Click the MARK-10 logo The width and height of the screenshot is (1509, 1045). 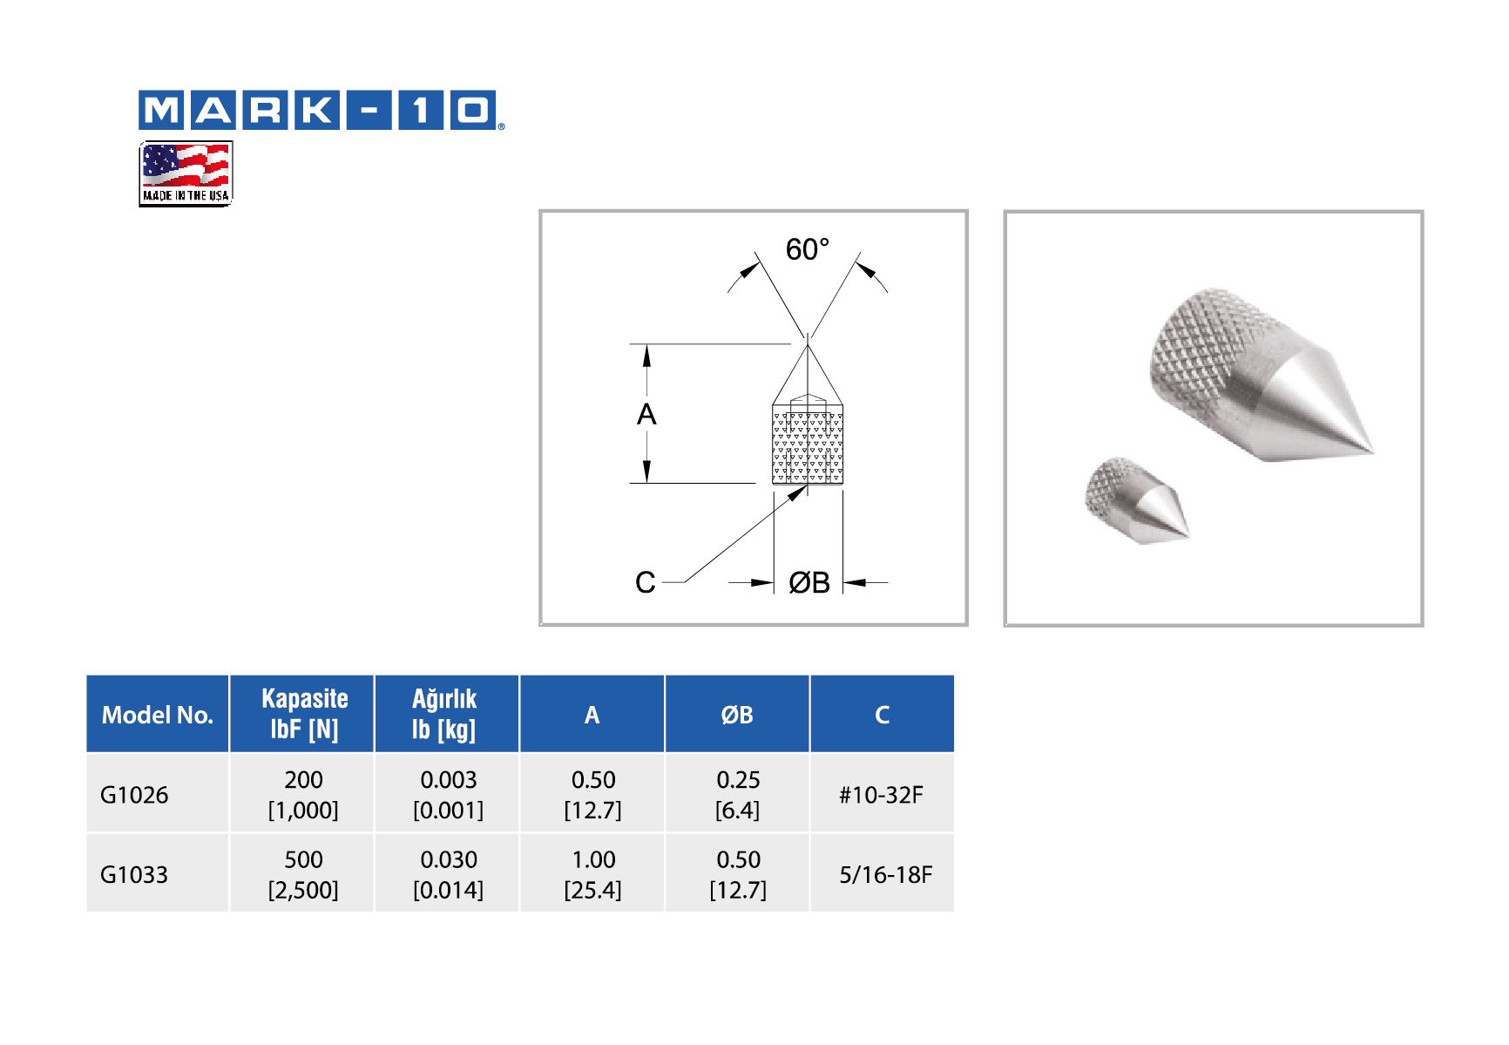point(321,110)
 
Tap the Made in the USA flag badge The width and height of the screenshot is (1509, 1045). point(186,173)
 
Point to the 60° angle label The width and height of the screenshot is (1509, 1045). point(808,249)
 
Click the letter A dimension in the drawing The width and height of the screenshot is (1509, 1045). point(646,414)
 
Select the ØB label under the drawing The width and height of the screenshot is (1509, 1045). point(809,582)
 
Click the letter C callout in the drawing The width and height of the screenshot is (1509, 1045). point(646,582)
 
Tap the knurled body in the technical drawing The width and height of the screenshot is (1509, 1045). point(808,444)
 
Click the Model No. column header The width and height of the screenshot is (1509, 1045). point(158,715)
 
